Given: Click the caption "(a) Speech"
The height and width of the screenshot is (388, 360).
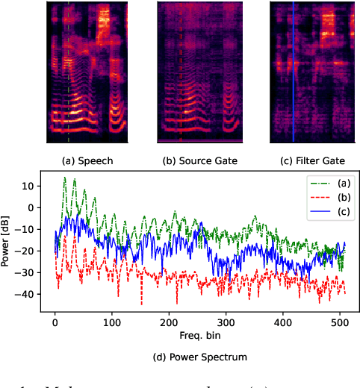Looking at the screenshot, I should pyautogui.click(x=87, y=160).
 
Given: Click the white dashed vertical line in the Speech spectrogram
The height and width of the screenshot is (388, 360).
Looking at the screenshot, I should pyautogui.click(x=69, y=75).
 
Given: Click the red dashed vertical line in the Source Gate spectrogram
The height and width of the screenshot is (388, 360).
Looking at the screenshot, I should pyautogui.click(x=180, y=75).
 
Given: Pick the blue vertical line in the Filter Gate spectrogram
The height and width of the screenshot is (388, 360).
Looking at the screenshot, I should pyautogui.click(x=293, y=75).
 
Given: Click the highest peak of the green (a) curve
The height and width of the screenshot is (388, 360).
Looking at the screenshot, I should pyautogui.click(x=65, y=178).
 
